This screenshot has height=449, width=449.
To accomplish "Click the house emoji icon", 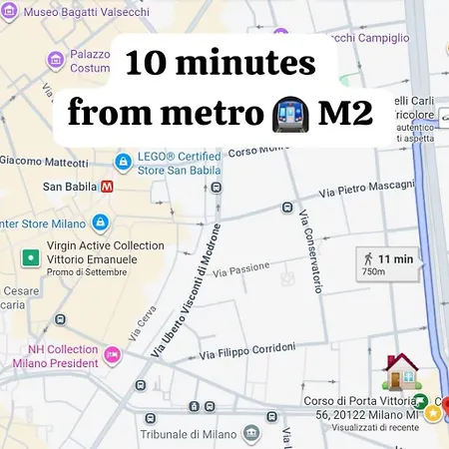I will (x=401, y=371).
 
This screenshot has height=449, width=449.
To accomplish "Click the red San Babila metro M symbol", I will (x=107, y=186).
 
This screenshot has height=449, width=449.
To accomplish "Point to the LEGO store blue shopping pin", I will (x=123, y=161).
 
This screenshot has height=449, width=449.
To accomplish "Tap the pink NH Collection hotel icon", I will (x=112, y=354).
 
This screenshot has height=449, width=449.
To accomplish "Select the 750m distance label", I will (x=373, y=270).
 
